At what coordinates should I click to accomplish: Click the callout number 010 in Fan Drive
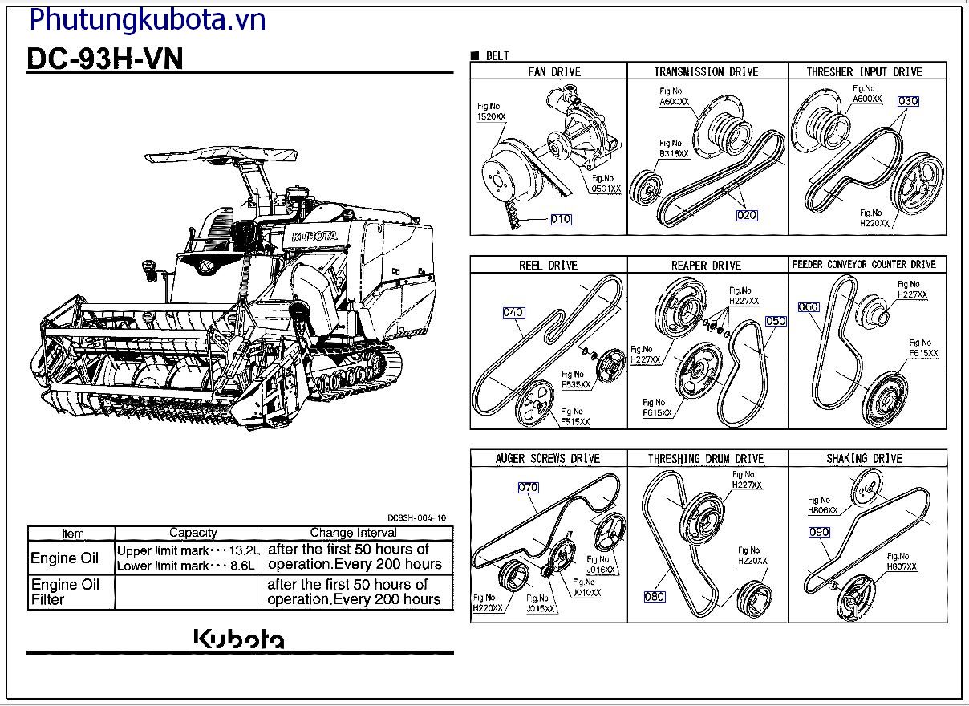(562, 219)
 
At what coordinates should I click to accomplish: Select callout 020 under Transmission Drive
(747, 215)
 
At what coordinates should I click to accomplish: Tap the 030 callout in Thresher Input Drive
(908, 101)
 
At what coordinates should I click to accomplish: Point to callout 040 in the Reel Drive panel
(513, 312)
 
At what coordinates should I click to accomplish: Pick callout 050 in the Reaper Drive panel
(776, 321)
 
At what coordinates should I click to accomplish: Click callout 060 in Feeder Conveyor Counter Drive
(809, 307)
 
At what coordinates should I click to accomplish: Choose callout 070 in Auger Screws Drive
(528, 487)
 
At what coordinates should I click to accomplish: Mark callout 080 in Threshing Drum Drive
(655, 596)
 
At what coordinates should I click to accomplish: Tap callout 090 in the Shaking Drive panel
(819, 532)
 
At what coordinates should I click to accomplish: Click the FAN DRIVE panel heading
(554, 72)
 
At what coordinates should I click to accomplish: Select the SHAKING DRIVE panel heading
(864, 459)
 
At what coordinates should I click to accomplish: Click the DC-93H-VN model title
(105, 59)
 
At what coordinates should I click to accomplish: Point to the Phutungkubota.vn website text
(147, 18)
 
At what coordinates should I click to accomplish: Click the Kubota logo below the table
(239, 639)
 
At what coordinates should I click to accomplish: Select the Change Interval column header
(353, 533)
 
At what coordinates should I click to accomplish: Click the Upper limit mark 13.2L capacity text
(189, 551)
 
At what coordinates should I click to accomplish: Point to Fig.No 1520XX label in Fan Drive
(491, 112)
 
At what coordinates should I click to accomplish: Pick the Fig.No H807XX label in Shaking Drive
(901, 562)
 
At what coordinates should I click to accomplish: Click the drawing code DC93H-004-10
(416, 518)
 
